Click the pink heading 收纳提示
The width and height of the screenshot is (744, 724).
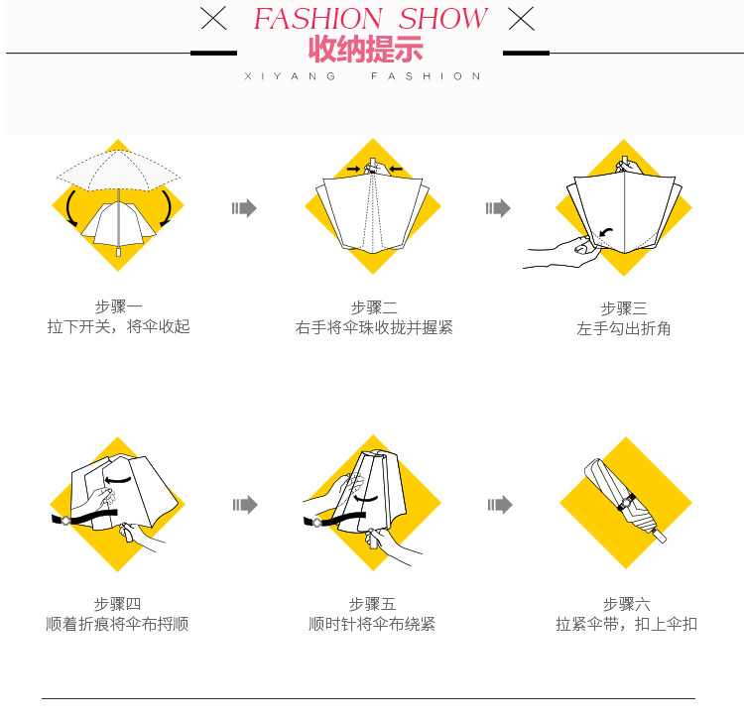coord(365,50)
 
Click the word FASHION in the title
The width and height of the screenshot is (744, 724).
coord(317,19)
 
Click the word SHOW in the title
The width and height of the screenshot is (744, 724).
coord(442,19)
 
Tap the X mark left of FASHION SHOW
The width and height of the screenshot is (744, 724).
coord(212,18)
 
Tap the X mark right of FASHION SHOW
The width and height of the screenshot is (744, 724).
coord(521,18)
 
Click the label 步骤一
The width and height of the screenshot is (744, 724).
coord(118,306)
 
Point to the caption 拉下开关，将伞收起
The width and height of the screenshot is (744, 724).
coord(118,326)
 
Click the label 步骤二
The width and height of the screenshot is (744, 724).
coord(373,307)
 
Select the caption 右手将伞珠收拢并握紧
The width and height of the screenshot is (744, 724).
coord(373,327)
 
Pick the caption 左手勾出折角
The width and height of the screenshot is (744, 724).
coord(624,328)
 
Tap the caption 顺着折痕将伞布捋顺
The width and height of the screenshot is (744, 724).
coord(117,624)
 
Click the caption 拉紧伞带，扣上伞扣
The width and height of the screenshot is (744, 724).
coord(626,624)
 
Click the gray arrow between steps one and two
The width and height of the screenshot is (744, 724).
coord(244,208)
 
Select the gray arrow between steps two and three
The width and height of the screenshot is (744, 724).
coord(498,208)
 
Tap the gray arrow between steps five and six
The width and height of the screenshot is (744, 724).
coord(500,505)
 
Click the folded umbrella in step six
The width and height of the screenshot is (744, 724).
coord(624,501)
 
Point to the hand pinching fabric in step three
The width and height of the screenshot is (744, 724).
coord(560,250)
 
